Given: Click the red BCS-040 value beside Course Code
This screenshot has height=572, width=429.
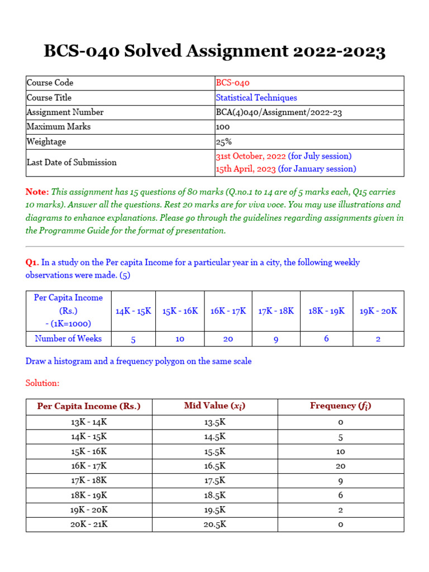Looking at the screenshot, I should pyautogui.click(x=232, y=83).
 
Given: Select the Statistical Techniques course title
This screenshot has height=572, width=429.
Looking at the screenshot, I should pyautogui.click(x=256, y=98).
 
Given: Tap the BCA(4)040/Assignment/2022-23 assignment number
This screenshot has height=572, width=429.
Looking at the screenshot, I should pyautogui.click(x=279, y=112).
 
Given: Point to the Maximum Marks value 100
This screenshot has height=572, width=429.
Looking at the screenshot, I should pyautogui.click(x=223, y=127).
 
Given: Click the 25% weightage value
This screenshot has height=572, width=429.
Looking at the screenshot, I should pyautogui.click(x=223, y=142).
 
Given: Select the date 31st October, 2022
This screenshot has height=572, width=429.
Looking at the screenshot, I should pyautogui.click(x=251, y=156).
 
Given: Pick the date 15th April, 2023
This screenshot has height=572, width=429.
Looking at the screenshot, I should pyautogui.click(x=246, y=169).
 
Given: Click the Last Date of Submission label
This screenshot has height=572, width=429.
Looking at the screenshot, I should pyautogui.click(x=71, y=163).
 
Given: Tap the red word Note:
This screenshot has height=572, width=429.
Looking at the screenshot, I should pyautogui.click(x=37, y=191).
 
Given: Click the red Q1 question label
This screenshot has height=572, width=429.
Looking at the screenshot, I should pyautogui.click(x=32, y=263).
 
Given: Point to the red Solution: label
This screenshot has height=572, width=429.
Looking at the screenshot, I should pyautogui.click(x=42, y=383).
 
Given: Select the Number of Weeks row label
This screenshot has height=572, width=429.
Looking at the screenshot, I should pyautogui.click(x=68, y=339).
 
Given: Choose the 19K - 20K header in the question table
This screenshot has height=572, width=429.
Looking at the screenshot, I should pyautogui.click(x=378, y=311).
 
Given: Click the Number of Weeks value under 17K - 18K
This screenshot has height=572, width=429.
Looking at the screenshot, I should pyautogui.click(x=276, y=339).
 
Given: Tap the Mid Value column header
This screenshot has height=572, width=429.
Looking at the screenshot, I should pyautogui.click(x=214, y=406).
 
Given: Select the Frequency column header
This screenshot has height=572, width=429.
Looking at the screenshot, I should pyautogui.click(x=340, y=406).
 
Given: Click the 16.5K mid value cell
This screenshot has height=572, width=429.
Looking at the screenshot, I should pyautogui.click(x=214, y=466).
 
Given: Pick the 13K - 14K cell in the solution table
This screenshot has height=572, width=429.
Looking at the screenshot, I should pyautogui.click(x=89, y=422).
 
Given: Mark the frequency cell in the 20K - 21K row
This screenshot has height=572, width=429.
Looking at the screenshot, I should pyautogui.click(x=340, y=525).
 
